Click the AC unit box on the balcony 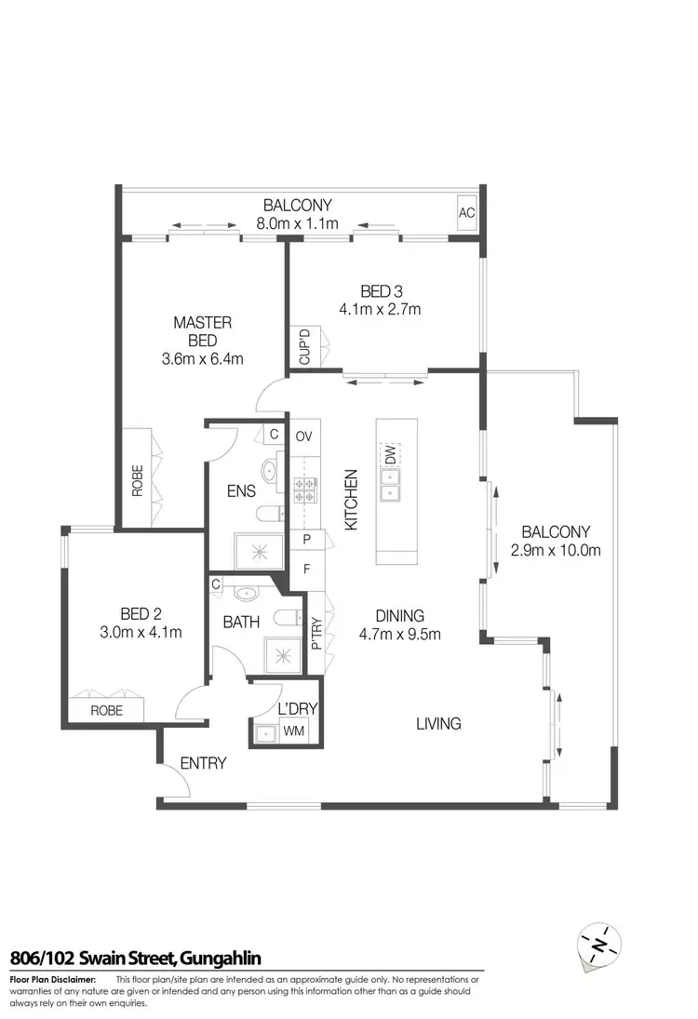[466, 213]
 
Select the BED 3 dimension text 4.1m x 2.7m [380, 309]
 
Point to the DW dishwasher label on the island [391, 455]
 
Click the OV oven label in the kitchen [303, 436]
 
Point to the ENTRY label [203, 763]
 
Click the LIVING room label [437, 723]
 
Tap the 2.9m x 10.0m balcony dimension [557, 549]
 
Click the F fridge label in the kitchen [304, 569]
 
